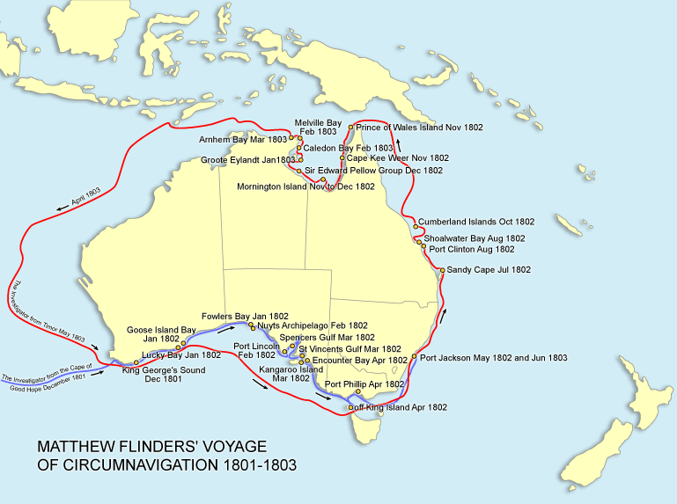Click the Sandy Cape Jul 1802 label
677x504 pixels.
click(489, 269)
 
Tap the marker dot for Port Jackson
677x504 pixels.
click(415, 358)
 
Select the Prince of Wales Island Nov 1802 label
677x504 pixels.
click(420, 128)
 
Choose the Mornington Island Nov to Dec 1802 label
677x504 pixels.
click(305, 186)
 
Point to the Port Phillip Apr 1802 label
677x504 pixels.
click(364, 384)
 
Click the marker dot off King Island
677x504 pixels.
click(350, 408)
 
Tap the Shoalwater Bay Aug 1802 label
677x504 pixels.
click(474, 237)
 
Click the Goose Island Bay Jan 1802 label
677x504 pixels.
click(161, 334)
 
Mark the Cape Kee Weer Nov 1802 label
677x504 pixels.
click(398, 158)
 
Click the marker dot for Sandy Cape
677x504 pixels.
click(441, 270)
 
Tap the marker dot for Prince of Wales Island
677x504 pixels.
click(351, 128)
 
